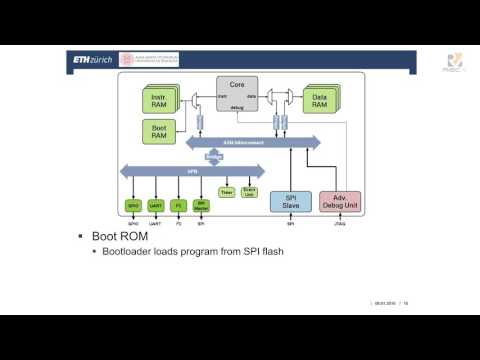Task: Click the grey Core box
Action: point(237,94)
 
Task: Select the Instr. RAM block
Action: point(159,98)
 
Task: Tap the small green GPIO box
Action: point(133,205)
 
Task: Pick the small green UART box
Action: point(156,205)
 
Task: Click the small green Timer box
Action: point(226,189)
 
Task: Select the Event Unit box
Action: point(250,189)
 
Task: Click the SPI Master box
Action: point(201,205)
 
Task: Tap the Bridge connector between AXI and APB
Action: point(213,157)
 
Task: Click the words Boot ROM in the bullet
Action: point(119,238)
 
